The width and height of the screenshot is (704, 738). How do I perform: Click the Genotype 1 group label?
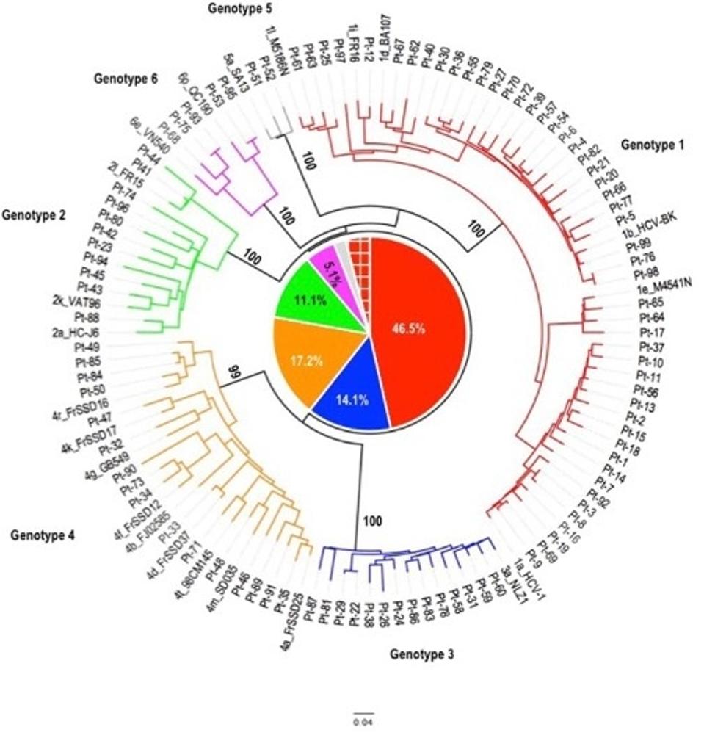(652, 145)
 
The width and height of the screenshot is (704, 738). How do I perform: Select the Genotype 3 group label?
(421, 654)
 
